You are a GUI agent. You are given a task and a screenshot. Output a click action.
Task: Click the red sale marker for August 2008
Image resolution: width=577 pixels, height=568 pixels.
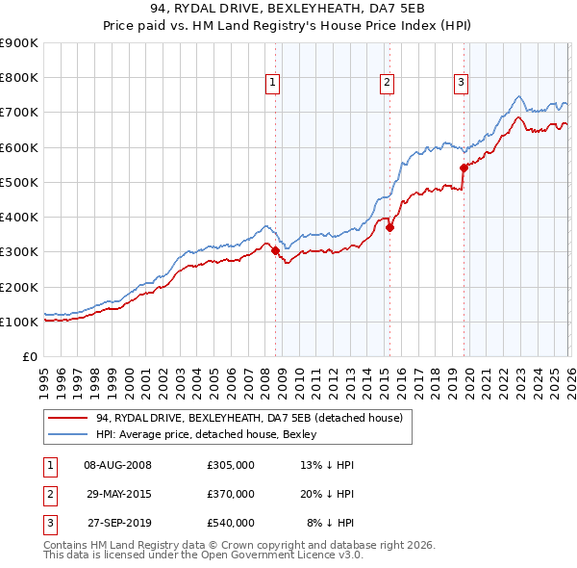click(x=275, y=250)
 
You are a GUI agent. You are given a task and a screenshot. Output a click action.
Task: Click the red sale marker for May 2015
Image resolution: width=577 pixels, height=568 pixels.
click(x=390, y=228)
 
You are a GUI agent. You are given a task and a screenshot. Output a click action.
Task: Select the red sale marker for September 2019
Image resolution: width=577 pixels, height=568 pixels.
click(x=464, y=168)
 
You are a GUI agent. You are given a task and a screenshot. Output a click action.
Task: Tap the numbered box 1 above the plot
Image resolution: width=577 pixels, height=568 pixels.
click(x=273, y=84)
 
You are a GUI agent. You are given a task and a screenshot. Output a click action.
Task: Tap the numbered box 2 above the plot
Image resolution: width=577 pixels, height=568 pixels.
click(x=387, y=84)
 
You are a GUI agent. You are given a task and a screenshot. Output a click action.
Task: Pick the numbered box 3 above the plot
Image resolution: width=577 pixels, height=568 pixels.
click(x=461, y=84)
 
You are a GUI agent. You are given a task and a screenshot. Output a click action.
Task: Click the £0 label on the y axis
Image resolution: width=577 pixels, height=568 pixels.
click(x=30, y=356)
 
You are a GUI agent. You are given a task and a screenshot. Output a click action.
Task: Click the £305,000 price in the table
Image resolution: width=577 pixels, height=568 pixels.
click(x=231, y=465)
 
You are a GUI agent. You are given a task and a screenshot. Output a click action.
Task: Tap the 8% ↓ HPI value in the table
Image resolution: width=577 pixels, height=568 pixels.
click(x=331, y=523)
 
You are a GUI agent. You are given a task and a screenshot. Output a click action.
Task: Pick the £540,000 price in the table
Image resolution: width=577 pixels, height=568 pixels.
click(x=231, y=523)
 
